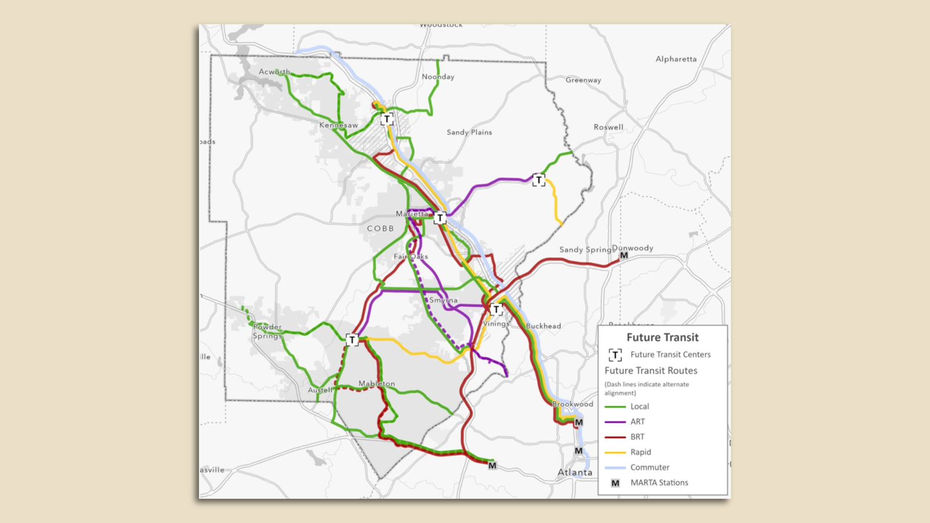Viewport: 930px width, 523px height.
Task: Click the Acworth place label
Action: [274, 72]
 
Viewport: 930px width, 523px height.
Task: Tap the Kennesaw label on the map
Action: [338, 126]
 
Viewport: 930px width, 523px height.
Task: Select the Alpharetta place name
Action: [675, 59]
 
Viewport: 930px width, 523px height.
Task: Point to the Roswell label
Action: [608, 127]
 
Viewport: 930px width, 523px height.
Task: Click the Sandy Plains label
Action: [469, 132]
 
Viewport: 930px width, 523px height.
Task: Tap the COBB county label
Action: [380, 228]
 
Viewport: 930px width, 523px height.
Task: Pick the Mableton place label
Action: [376, 384]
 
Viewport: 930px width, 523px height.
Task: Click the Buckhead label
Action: [543, 326]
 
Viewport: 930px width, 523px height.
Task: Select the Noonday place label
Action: [438, 77]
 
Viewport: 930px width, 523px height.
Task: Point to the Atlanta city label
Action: [575, 472]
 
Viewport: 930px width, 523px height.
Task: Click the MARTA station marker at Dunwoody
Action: [624, 256]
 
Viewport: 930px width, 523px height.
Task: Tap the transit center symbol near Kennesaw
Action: [387, 120]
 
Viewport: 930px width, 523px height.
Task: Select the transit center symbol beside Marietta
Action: [440, 218]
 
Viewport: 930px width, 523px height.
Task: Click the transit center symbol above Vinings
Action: [496, 310]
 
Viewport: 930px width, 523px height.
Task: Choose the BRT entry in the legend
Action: [637, 437]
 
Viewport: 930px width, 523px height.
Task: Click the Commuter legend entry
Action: [649, 467]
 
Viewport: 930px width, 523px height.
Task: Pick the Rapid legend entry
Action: [641, 452]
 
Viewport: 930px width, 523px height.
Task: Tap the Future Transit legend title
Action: [662, 338]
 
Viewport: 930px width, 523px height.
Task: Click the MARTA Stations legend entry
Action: [659, 482]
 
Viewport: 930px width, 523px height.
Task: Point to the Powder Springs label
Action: [267, 331]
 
